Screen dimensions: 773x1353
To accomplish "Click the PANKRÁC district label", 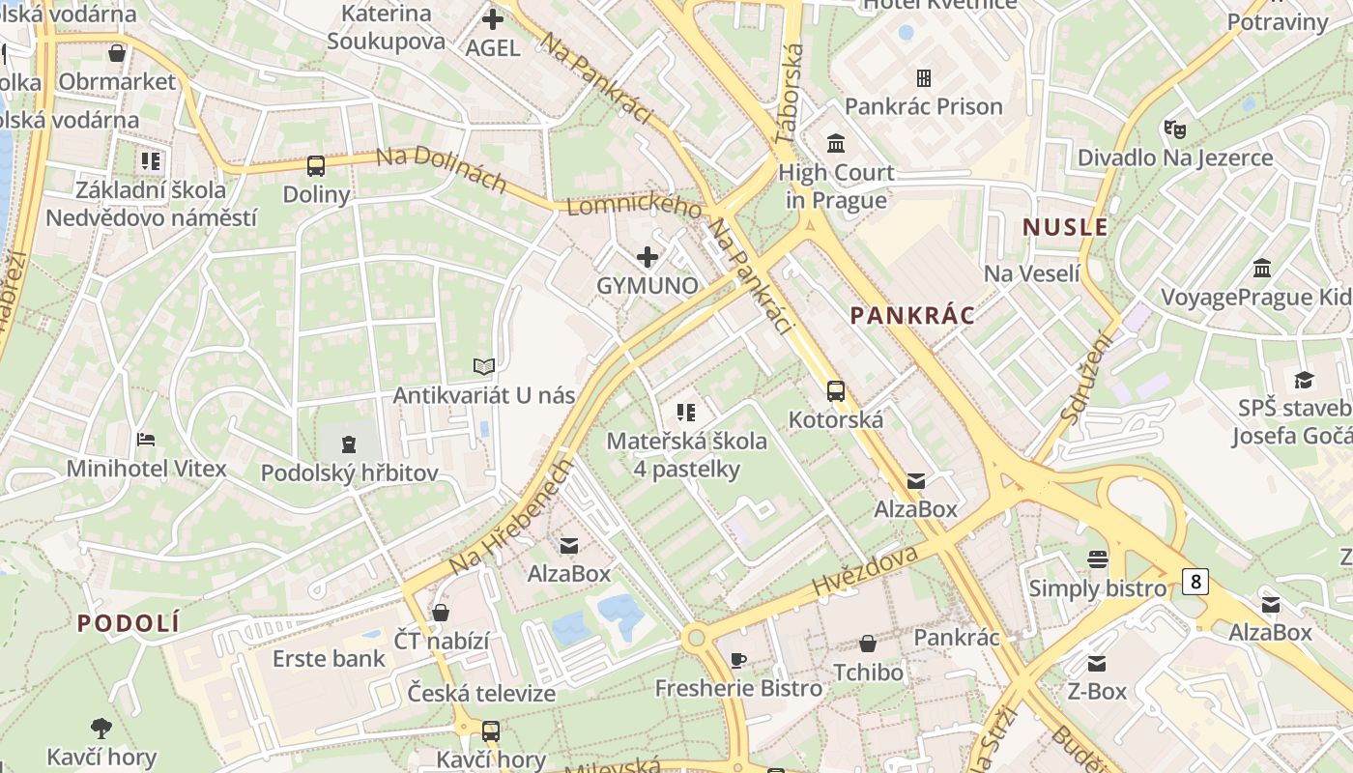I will (x=912, y=315).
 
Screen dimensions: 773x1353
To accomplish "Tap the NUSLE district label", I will (x=1065, y=227).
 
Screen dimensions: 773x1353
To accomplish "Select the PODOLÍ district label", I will (x=129, y=623).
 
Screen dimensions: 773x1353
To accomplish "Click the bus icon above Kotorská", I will (x=836, y=391).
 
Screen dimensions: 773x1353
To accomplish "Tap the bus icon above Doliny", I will (x=316, y=166).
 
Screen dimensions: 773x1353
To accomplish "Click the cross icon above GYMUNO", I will (x=648, y=257).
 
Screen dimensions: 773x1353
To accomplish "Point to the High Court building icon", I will (x=836, y=144).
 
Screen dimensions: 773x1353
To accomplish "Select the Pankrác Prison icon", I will (x=924, y=77).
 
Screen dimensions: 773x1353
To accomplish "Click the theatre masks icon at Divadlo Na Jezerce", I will (x=1175, y=128).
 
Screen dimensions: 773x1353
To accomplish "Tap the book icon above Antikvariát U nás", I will (x=484, y=366).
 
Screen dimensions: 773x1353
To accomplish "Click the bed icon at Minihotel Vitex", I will (x=146, y=440).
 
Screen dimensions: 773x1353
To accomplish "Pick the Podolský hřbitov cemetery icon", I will (x=348, y=444).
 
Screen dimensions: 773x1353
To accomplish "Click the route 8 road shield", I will (x=1196, y=581).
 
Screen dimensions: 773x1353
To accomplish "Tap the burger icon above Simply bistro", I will (x=1097, y=558).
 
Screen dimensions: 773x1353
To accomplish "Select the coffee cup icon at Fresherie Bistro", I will (x=738, y=660).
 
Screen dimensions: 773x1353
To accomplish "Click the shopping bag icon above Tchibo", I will (x=868, y=643).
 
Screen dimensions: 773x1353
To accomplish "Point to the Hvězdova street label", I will (x=865, y=570).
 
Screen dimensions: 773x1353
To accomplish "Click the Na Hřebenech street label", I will (x=511, y=517).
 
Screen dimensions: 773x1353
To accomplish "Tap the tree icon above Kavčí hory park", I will (x=101, y=728).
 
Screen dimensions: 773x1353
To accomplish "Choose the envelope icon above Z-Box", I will (x=1097, y=663).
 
